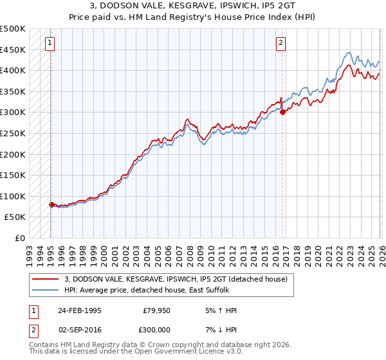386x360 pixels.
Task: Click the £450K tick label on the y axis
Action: click(x=13, y=50)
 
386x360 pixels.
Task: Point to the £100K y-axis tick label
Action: click(x=13, y=196)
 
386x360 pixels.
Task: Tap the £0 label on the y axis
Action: click(x=19, y=238)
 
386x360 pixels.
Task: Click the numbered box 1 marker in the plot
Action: click(x=50, y=44)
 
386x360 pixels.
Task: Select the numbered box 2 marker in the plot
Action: click(x=281, y=44)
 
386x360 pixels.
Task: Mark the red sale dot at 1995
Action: click(x=52, y=204)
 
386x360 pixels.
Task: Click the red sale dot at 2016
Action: click(x=282, y=112)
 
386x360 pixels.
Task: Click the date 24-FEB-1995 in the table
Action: click(x=79, y=310)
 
